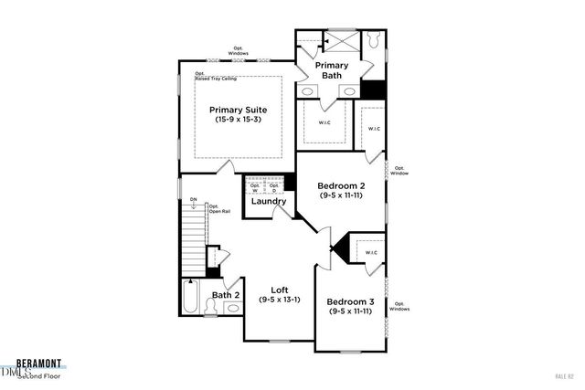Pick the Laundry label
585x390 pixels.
tap(269, 202)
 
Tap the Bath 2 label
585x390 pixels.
tap(226, 295)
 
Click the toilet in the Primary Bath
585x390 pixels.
tap(374, 41)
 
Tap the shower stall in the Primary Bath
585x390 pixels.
tap(343, 43)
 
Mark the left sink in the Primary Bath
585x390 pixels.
tap(309, 92)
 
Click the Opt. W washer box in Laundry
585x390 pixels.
tap(253, 188)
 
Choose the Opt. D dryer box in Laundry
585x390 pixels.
tap(274, 188)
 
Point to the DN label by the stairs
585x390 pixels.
tap(193, 199)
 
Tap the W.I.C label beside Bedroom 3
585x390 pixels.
tap(369, 252)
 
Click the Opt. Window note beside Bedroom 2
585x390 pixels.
tap(400, 170)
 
